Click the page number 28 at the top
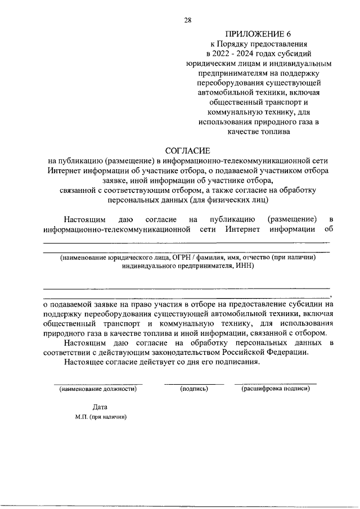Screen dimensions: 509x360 (x=188, y=20)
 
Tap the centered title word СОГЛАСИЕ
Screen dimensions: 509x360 (x=187, y=151)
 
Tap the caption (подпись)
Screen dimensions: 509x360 (x=194, y=389)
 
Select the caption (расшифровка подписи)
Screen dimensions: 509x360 (x=276, y=389)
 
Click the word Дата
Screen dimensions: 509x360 (x=100, y=407)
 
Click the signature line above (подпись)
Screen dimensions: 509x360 (x=194, y=384)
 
